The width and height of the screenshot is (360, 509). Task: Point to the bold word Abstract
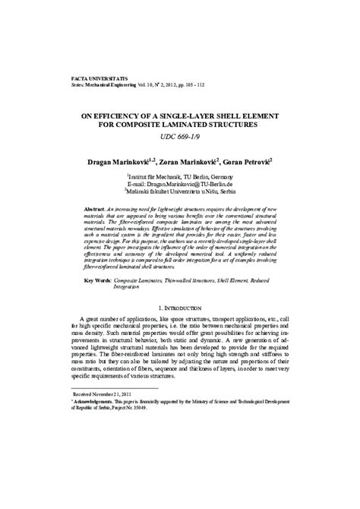pyautogui.click(x=95, y=207)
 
